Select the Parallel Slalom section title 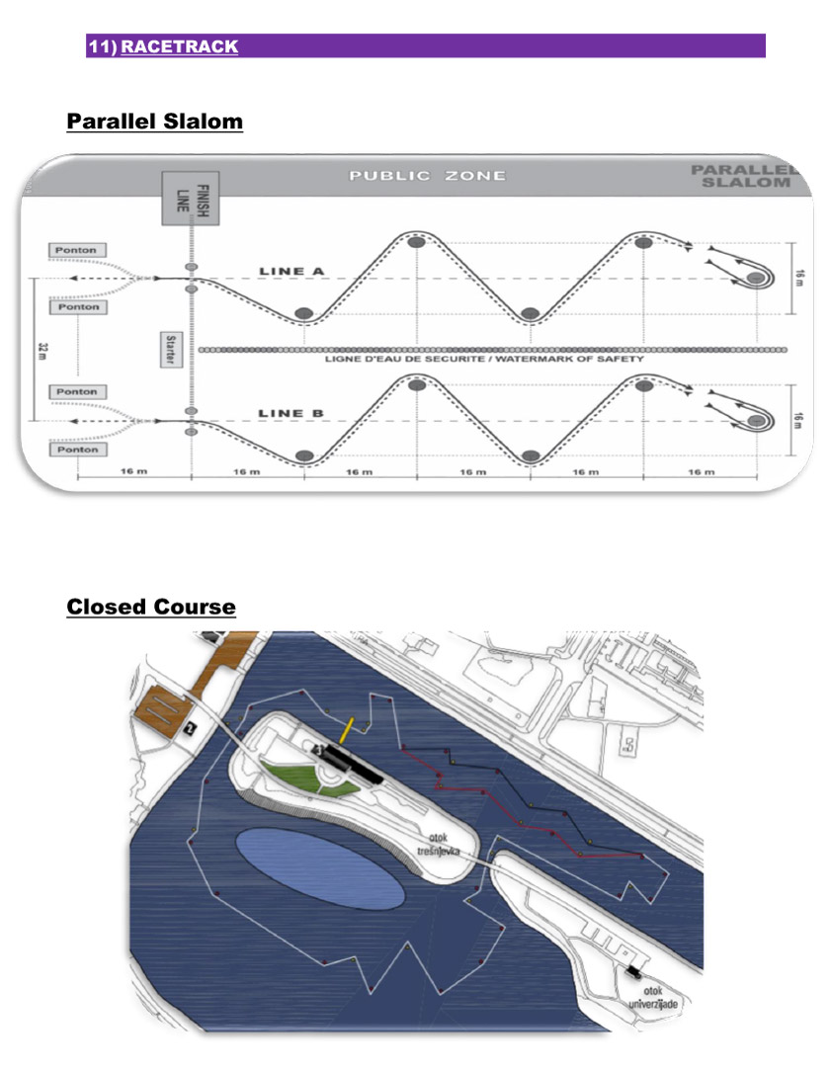pyautogui.click(x=154, y=122)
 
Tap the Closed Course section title pyautogui.click(x=151, y=606)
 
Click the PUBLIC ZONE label pyautogui.click(x=427, y=176)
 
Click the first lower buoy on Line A pyautogui.click(x=304, y=313)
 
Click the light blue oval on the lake pyautogui.click(x=320, y=869)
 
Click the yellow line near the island pyautogui.click(x=347, y=730)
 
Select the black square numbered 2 pyautogui.click(x=188, y=729)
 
